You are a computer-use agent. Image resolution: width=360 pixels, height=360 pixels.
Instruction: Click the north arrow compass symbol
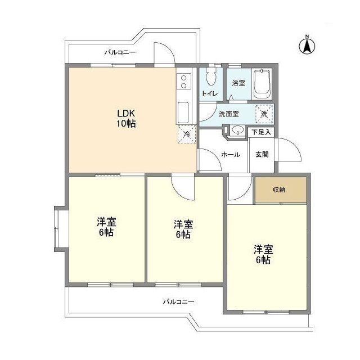point(308,45)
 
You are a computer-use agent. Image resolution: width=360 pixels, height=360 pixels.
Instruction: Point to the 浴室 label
point(238,83)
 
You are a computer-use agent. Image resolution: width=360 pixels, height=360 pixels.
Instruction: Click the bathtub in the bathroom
point(262,84)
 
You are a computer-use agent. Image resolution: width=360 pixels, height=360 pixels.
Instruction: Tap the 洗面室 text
point(228,114)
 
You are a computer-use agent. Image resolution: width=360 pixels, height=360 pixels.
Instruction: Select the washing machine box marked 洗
point(264,113)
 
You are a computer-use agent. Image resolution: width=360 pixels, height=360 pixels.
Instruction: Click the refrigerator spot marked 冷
point(187,134)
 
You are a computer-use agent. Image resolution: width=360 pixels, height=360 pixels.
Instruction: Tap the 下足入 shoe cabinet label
point(262,133)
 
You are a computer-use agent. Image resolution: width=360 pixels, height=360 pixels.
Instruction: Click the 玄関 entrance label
point(262,154)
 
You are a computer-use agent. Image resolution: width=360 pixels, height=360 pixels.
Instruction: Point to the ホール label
point(231,154)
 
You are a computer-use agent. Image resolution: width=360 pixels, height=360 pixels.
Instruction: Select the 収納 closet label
point(280,190)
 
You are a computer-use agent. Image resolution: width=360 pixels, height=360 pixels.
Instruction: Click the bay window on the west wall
point(60,231)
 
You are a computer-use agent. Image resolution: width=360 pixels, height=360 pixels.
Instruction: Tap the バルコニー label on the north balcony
point(119,53)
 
